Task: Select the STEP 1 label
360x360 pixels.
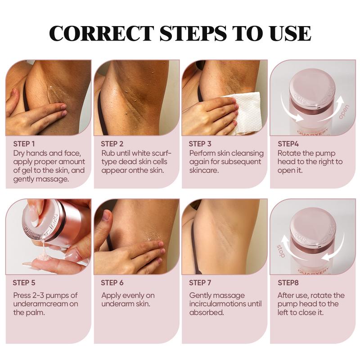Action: pyautogui.click(x=24, y=144)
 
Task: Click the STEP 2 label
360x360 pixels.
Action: pyautogui.click(x=112, y=144)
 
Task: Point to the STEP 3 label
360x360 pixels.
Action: pyautogui.click(x=200, y=144)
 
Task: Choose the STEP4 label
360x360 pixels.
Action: pyautogui.click(x=288, y=144)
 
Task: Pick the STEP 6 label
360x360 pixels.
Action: pyautogui.click(x=112, y=283)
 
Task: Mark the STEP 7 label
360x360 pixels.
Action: pyautogui.click(x=200, y=283)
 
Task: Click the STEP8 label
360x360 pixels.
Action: pyautogui.click(x=288, y=283)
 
